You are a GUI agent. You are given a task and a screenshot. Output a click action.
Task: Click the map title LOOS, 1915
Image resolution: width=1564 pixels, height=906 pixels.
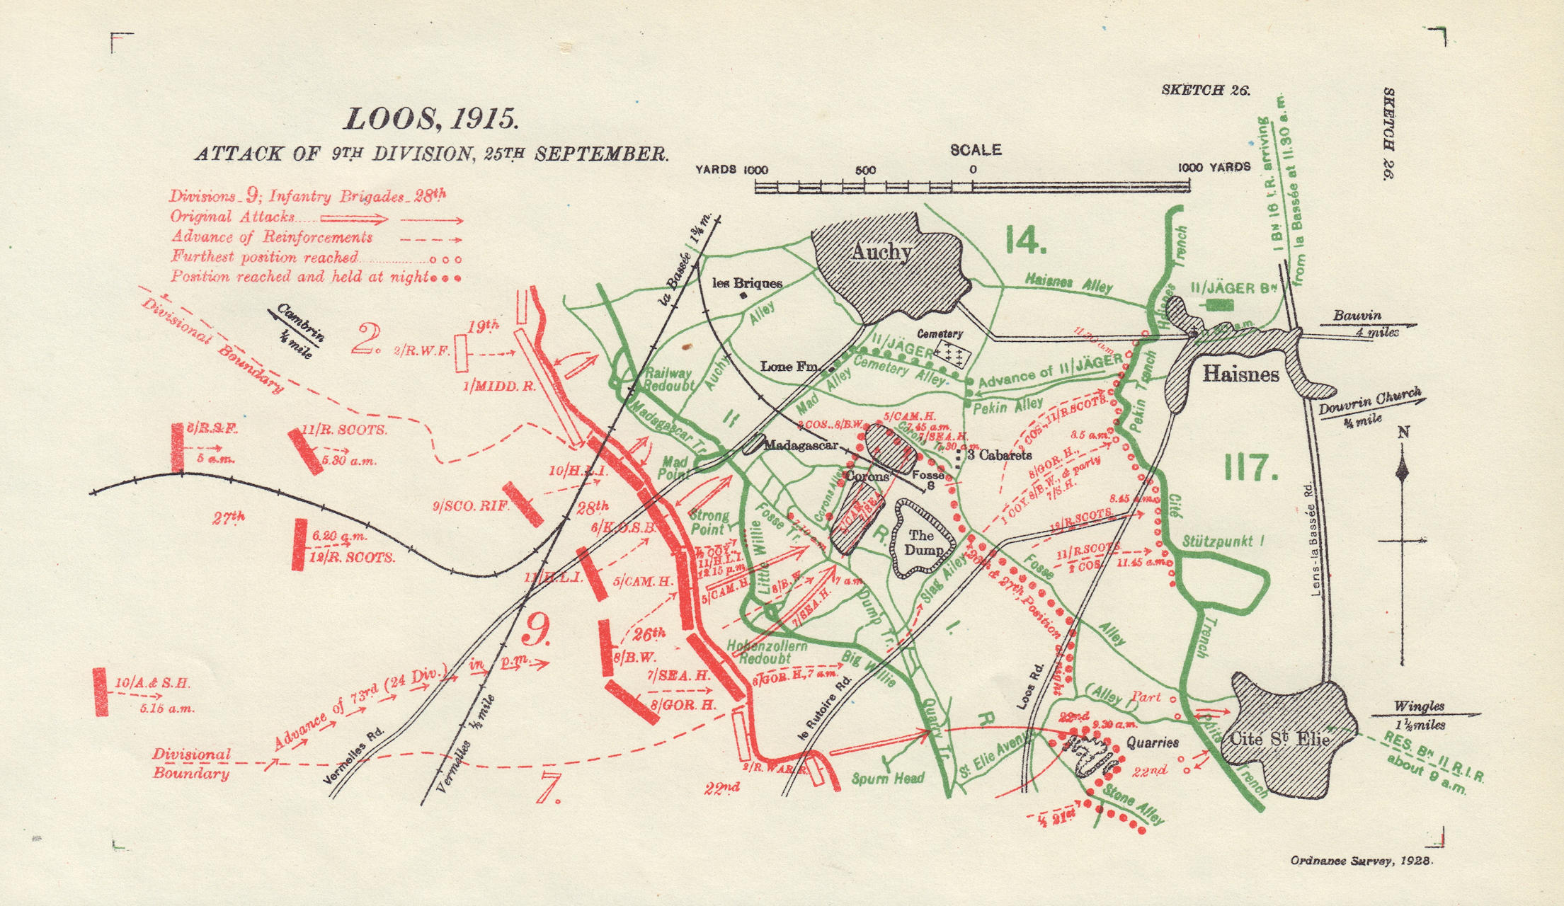pyautogui.click(x=431, y=119)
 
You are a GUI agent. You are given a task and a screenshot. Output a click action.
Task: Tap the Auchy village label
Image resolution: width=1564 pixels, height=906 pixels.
pyautogui.click(x=881, y=252)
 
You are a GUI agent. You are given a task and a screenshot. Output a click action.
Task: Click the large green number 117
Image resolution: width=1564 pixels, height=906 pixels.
pyautogui.click(x=1250, y=468)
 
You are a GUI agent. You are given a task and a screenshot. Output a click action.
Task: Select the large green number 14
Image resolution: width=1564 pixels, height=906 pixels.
pyautogui.click(x=1025, y=241)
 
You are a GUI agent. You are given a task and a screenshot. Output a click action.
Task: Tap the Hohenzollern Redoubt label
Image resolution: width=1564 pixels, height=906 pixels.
pyautogui.click(x=767, y=652)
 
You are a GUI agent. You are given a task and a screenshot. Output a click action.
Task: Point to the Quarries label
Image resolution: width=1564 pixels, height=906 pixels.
pyautogui.click(x=1153, y=742)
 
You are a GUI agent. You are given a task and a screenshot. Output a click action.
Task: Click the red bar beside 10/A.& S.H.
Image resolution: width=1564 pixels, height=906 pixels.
pyautogui.click(x=101, y=691)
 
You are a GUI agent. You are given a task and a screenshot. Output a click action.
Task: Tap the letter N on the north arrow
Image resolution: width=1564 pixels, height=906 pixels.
pyautogui.click(x=1403, y=431)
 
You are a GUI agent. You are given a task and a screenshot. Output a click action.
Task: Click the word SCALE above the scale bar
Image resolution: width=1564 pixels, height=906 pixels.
pyautogui.click(x=975, y=150)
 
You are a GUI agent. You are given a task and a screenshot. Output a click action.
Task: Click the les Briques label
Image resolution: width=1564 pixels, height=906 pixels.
pyautogui.click(x=747, y=283)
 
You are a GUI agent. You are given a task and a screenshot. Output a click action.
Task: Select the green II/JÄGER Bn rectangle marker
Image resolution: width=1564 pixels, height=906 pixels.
pyautogui.click(x=1218, y=305)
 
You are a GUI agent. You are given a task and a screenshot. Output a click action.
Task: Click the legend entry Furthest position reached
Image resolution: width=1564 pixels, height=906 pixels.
pyautogui.click(x=264, y=257)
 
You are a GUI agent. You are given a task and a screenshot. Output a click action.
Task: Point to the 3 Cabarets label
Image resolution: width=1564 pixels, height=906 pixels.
pyautogui.click(x=999, y=455)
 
